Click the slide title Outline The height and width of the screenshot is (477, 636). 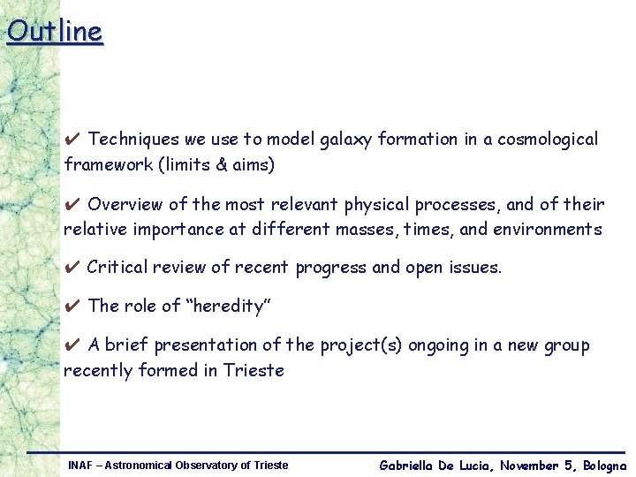pyautogui.click(x=55, y=31)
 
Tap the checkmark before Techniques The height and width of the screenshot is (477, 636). pyautogui.click(x=73, y=140)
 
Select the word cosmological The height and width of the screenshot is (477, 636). pyautogui.click(x=548, y=140)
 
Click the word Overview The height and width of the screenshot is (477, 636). pyautogui.click(x=125, y=205)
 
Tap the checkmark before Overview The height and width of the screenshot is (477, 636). pyautogui.click(x=73, y=205)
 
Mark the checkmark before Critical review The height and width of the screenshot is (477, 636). pyautogui.click(x=73, y=267)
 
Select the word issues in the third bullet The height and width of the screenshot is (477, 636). pyautogui.click(x=476, y=267)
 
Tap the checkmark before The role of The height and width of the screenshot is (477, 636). pyautogui.click(x=73, y=307)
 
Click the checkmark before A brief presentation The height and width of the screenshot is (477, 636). pyautogui.click(x=73, y=345)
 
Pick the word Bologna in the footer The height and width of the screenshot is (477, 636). pyautogui.click(x=604, y=466)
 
